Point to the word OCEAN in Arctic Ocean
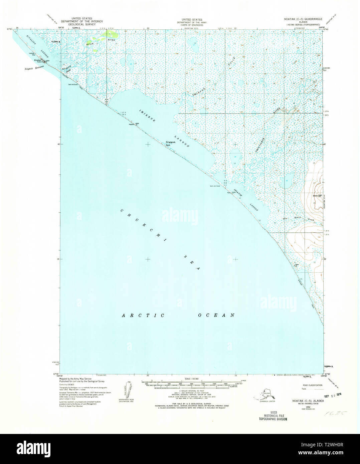click(x=217, y=315)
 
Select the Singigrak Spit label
click(x=170, y=144)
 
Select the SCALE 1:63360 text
click(x=191, y=379)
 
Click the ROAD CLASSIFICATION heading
click(x=312, y=385)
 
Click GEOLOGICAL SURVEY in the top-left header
click(x=81, y=24)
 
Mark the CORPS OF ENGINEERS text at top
click(x=191, y=24)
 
